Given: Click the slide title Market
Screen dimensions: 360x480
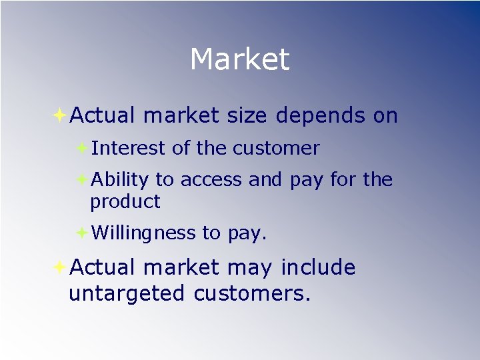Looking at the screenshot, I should pyautogui.click(x=239, y=59).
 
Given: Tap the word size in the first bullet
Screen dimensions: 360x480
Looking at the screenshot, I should pyautogui.click(x=246, y=116).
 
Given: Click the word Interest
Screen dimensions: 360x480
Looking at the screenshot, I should pyautogui.click(x=129, y=149).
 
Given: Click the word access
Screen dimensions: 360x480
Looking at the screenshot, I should pyautogui.click(x=211, y=180).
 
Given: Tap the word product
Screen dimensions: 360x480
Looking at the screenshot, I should pyautogui.click(x=125, y=201).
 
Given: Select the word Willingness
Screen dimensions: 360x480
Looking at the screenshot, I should pyautogui.click(x=143, y=233).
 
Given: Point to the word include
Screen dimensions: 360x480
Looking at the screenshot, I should pyautogui.click(x=318, y=267).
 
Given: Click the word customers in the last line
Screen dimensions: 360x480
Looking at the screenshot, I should pyautogui.click(x=252, y=293).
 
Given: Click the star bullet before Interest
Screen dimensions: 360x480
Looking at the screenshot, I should pyautogui.click(x=81, y=148).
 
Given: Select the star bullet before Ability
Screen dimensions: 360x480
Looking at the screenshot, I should pyautogui.click(x=81, y=179).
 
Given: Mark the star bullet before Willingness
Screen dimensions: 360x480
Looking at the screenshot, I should pyautogui.click(x=81, y=233).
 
